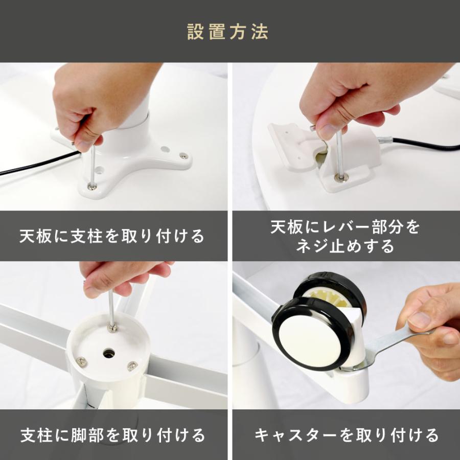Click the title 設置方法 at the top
pos(227,32)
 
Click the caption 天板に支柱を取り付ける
pos(112,236)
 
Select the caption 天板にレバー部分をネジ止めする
pos(345,236)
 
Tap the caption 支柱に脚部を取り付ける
pos(112,435)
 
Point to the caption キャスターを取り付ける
pos(346,435)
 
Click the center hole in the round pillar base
pos(108,353)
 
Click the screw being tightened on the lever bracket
pos(340,177)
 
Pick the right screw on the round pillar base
pos(132,365)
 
